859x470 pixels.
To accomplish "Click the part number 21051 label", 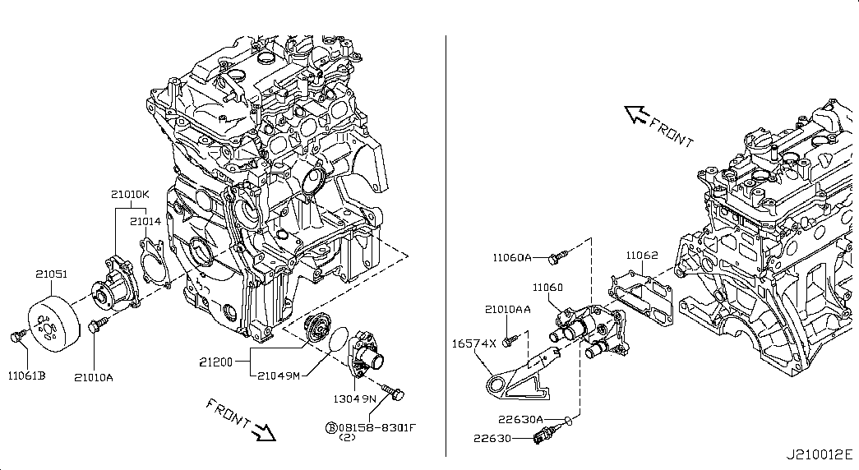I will coord(51,275).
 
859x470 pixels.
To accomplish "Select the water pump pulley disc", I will coord(51,323).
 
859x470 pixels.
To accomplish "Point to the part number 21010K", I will coord(131,195).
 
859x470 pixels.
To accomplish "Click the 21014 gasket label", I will coord(145,221).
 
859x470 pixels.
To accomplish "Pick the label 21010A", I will coord(94,377).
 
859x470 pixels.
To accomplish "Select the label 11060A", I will coord(512,257).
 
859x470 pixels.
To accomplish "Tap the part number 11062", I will coord(641,256).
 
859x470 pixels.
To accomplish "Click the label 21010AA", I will coord(507,310).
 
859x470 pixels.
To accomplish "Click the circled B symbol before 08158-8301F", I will coord(331,427).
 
